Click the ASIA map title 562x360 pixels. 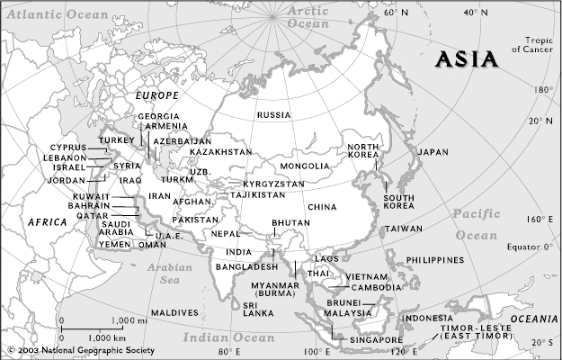tap(467, 60)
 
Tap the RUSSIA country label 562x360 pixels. tap(273, 116)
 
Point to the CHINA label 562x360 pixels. tap(321, 208)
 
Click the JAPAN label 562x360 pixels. tap(433, 153)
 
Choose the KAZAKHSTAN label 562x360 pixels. tap(220, 152)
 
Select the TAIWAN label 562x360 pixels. tap(403, 229)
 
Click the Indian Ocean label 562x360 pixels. tap(228, 337)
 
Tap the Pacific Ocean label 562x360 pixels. tap(476, 224)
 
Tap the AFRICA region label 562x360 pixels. tap(48, 221)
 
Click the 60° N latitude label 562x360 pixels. tap(397, 13)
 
